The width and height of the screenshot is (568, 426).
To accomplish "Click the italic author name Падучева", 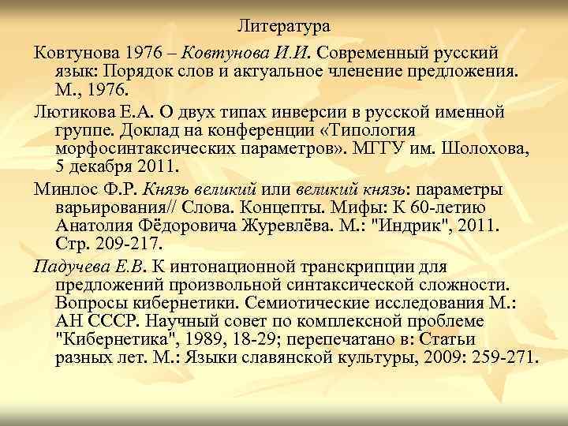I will point(71,264).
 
